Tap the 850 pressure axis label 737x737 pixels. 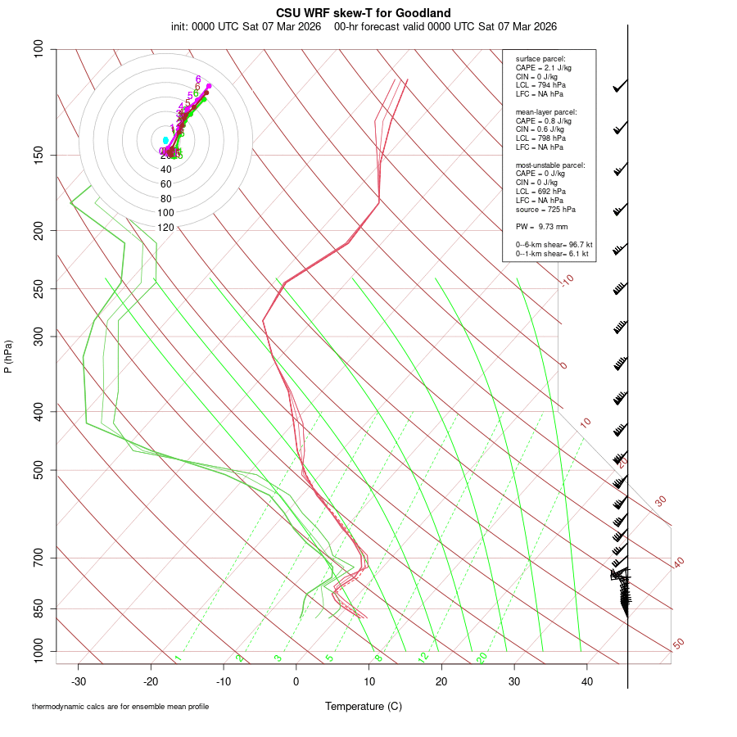39,609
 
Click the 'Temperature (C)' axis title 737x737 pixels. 363,706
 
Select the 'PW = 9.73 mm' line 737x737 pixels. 541,226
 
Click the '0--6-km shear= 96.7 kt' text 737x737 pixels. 554,245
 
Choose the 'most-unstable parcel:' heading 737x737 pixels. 550,165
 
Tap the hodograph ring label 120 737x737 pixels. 165,228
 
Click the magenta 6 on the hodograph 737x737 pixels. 198,79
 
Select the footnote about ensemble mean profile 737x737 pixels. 120,706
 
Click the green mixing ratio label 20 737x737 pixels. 482,658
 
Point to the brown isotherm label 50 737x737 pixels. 678,644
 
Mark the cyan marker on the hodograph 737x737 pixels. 165,141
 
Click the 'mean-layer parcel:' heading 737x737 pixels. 546,111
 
